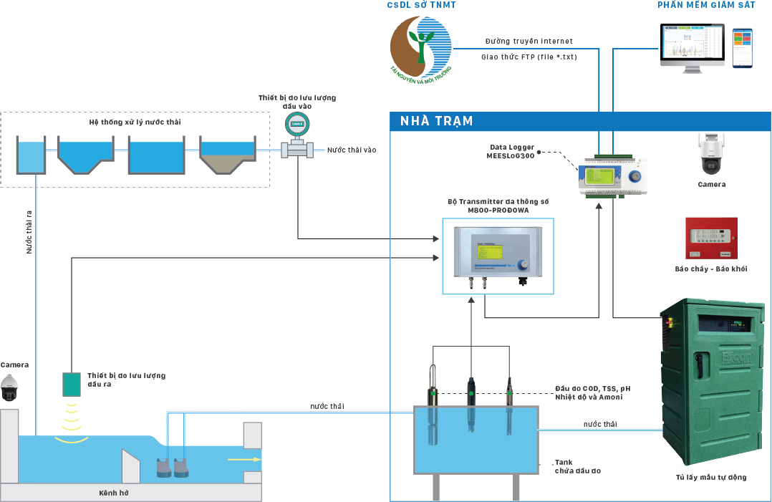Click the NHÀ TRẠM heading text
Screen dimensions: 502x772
437,121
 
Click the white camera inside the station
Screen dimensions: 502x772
711,153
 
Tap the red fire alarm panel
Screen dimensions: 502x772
710,238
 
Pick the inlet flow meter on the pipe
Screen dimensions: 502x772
296,140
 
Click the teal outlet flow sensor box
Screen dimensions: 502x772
72,385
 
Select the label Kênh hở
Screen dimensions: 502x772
113,493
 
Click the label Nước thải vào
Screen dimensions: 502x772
351,150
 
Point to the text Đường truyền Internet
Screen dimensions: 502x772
529,41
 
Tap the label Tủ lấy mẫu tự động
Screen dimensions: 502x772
710,477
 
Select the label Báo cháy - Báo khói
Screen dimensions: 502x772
710,269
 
